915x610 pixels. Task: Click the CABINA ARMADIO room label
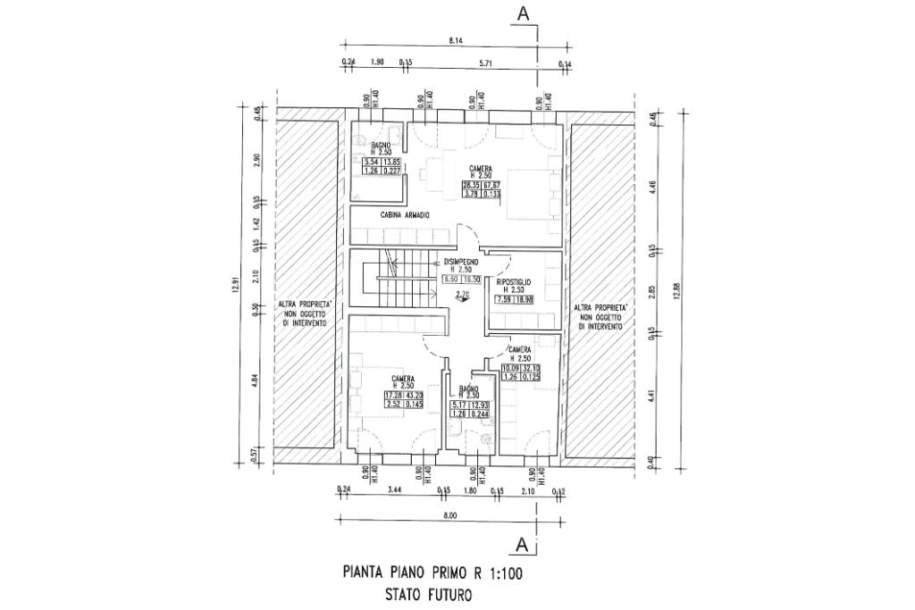tap(406, 215)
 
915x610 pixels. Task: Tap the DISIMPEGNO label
tap(461, 262)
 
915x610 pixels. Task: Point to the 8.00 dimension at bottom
tap(449, 516)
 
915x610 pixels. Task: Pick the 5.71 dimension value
tap(486, 63)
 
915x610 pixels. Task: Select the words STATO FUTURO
tap(428, 593)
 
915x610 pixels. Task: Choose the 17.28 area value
tap(393, 396)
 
